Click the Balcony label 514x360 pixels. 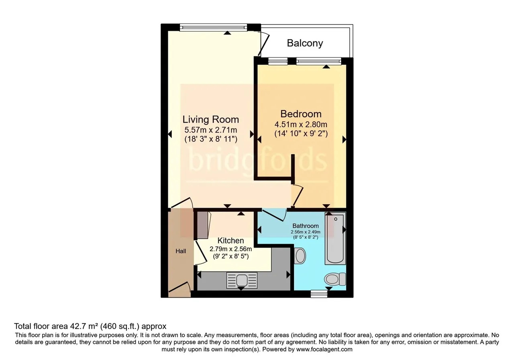click(x=305, y=43)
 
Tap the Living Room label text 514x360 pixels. click(x=211, y=120)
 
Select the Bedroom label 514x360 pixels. click(x=301, y=114)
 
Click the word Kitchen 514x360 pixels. click(x=230, y=241)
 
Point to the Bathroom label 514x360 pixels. click(x=306, y=226)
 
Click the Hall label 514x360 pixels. click(x=181, y=251)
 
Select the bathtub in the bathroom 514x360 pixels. click(x=335, y=238)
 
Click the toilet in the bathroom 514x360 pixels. click(x=335, y=279)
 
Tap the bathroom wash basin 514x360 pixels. click(x=300, y=256)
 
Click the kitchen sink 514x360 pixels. click(x=242, y=280)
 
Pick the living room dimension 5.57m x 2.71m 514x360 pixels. click(x=211, y=130)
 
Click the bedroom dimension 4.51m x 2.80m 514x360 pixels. click(x=301, y=125)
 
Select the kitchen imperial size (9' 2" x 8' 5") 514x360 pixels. click(x=230, y=256)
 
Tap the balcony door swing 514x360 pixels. click(x=263, y=44)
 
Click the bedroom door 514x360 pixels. click(x=298, y=195)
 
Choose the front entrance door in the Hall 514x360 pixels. click(x=179, y=287)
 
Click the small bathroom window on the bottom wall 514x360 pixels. click(x=319, y=294)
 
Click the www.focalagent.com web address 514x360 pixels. click(x=324, y=350)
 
